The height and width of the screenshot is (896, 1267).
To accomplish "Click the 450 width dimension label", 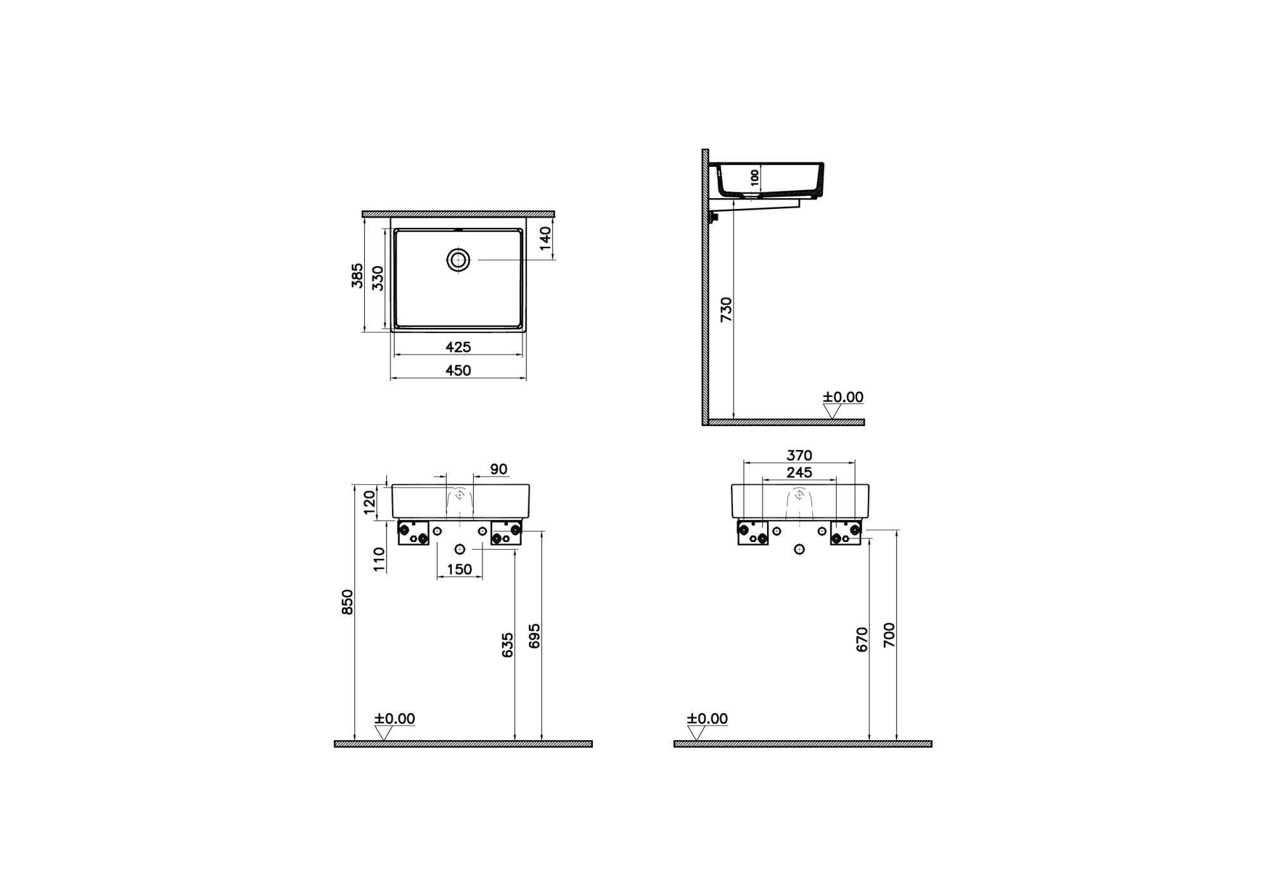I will pyautogui.click(x=458, y=370).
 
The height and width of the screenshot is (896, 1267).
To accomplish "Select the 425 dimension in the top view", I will pyautogui.click(x=458, y=347).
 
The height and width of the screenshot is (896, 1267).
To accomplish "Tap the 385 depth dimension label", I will pyautogui.click(x=358, y=275).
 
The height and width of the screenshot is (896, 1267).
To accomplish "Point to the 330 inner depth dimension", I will pyautogui.click(x=378, y=278).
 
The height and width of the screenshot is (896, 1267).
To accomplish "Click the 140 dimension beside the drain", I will pyautogui.click(x=545, y=238).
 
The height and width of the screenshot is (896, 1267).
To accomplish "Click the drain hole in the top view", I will pyautogui.click(x=458, y=260).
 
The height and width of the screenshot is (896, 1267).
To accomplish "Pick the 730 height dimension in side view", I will pyautogui.click(x=726, y=309).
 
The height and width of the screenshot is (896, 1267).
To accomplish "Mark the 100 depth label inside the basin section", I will pyautogui.click(x=754, y=177).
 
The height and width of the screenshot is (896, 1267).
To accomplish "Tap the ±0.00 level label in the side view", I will pyautogui.click(x=843, y=397).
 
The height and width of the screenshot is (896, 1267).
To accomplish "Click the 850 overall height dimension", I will pyautogui.click(x=347, y=602).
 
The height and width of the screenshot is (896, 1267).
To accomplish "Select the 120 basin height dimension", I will pyautogui.click(x=370, y=503).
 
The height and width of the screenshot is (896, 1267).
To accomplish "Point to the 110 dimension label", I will pyautogui.click(x=379, y=560).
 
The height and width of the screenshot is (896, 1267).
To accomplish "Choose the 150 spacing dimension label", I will pyautogui.click(x=459, y=569).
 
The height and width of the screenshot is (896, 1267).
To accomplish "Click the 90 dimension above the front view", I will pyautogui.click(x=499, y=469).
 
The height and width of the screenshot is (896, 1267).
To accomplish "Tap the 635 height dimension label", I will pyautogui.click(x=507, y=645).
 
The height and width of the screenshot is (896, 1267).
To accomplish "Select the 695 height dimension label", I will pyautogui.click(x=535, y=636).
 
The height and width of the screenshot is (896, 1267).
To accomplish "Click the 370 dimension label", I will pyautogui.click(x=799, y=455).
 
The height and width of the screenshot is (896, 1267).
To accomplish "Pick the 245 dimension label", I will pyautogui.click(x=799, y=472).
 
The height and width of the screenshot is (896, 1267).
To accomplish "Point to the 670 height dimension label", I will pyautogui.click(x=862, y=640).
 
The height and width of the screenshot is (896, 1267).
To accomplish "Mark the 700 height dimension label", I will pyautogui.click(x=889, y=634).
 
